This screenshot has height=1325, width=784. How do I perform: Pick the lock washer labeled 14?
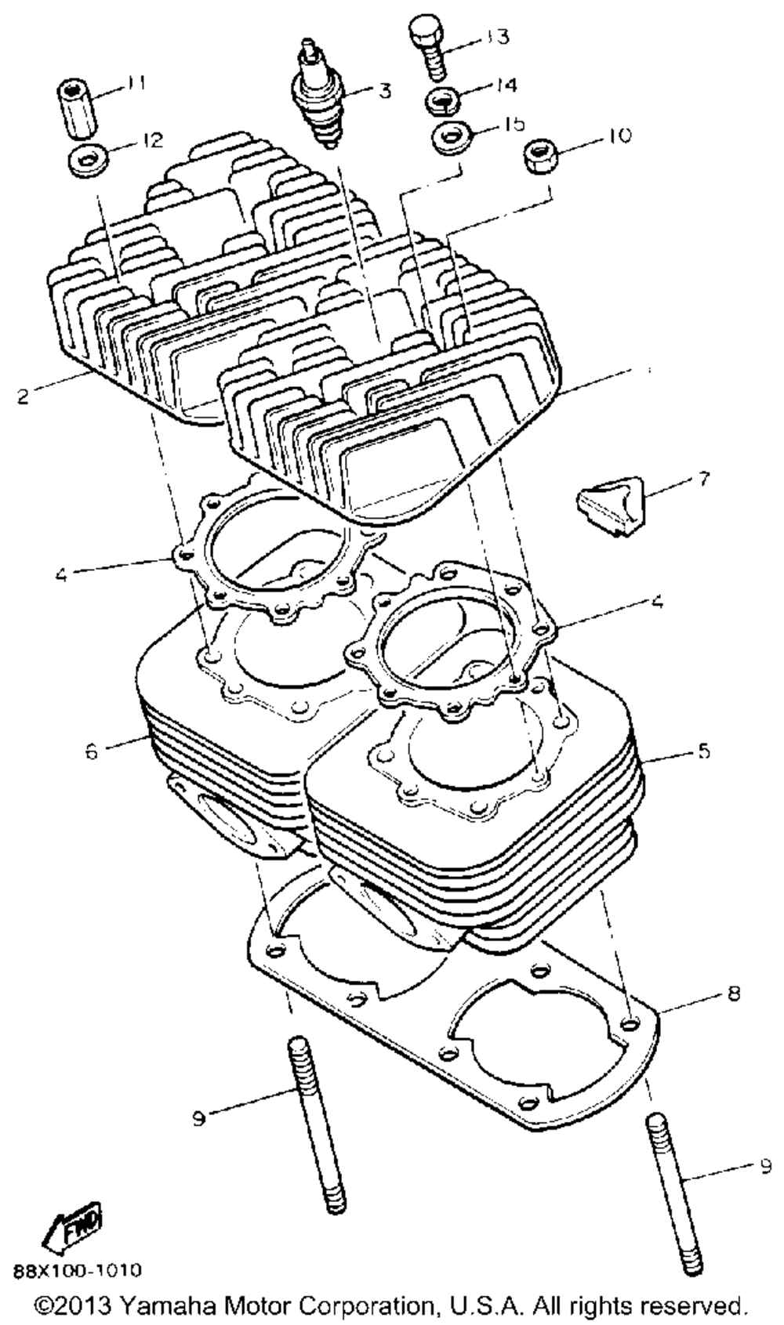click(444, 101)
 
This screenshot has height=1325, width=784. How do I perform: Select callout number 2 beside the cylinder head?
click(23, 397)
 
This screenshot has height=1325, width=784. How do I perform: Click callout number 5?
click(702, 750)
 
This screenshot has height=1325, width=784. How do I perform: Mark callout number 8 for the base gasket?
click(733, 994)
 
